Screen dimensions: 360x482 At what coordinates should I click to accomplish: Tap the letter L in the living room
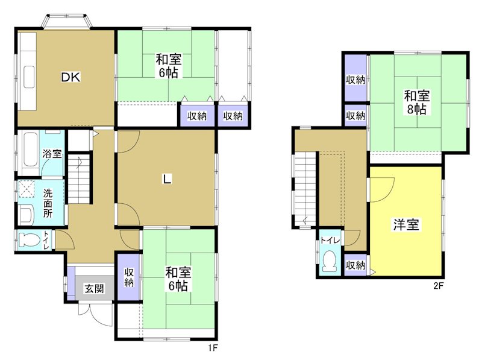click(x=166, y=178)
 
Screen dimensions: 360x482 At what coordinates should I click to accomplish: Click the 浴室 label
click(x=51, y=153)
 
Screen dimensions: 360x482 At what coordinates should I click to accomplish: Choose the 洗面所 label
click(x=48, y=203)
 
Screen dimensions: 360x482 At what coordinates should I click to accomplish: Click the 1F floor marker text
click(x=211, y=348)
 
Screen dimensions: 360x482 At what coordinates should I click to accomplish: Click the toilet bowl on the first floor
click(x=29, y=240)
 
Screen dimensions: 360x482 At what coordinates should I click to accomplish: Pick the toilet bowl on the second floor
click(x=329, y=262)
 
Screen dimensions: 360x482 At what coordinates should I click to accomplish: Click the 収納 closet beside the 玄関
click(x=129, y=277)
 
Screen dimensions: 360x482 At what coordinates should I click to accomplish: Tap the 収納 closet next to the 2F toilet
click(x=355, y=265)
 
